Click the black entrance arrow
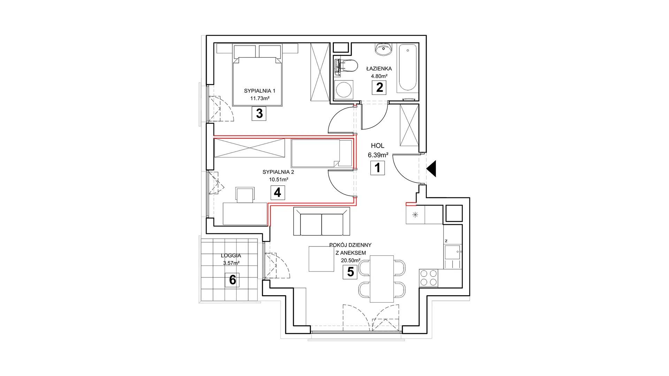[431, 169]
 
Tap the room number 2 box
[379, 87]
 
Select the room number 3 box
[259, 113]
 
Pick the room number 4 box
[277, 193]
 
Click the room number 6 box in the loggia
[232, 280]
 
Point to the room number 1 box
[377, 168]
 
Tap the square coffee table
[321, 259]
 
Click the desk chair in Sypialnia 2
[245, 195]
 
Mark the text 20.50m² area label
[347, 260]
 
